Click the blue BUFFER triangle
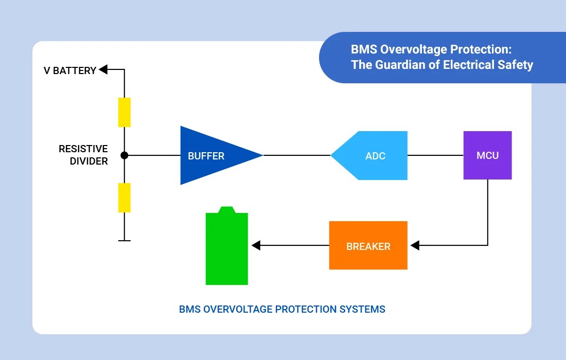coord(208,155)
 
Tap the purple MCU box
coord(487,155)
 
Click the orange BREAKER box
coord(368,245)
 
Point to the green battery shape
coord(226,249)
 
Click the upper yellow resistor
coord(124,112)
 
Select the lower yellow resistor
coord(124,197)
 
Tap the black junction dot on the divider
coord(124,155)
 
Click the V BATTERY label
coord(70,71)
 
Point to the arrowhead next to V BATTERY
coord(103,69)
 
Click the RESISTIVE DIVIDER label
coord(83,155)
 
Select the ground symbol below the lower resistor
coord(124,240)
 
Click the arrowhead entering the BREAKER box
coord(415,245)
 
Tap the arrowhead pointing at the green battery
coord(256,245)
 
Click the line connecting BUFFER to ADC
coord(296,155)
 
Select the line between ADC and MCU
coord(435,155)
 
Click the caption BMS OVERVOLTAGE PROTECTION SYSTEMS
coord(282,310)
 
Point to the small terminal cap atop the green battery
coord(226,210)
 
